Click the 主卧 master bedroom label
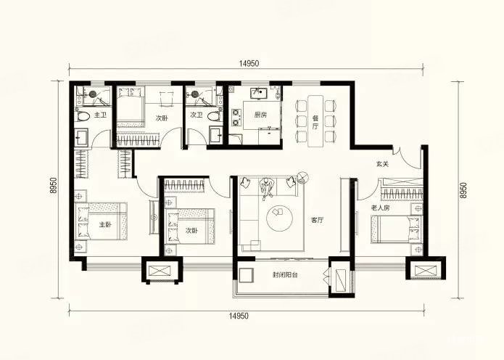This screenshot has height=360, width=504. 105,225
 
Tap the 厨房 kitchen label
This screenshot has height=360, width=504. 260,115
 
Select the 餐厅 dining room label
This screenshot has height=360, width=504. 315,122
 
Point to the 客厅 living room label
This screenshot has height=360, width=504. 317,221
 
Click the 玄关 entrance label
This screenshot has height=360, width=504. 382,164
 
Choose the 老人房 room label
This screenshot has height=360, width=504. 380,208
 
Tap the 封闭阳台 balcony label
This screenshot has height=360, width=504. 285,275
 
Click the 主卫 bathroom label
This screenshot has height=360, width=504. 100,115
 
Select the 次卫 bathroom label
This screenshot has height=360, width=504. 197,115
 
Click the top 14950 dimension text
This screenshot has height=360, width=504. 249,64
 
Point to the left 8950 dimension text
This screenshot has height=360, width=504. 53,185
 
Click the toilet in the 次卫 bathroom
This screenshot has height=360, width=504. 215,116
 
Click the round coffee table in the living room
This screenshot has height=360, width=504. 279,218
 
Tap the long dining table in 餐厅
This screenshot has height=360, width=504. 315,121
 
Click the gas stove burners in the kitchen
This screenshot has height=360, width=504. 236,118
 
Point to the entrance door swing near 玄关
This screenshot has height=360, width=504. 408,157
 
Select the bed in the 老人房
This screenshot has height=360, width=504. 396,229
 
